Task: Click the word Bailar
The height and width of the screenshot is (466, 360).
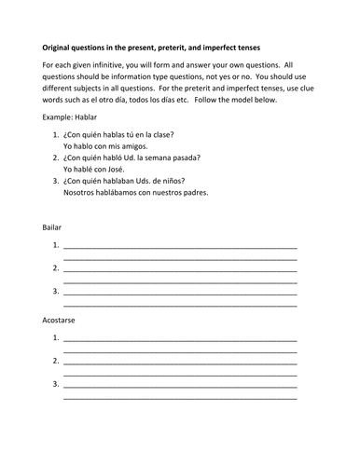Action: (x=54, y=227)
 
